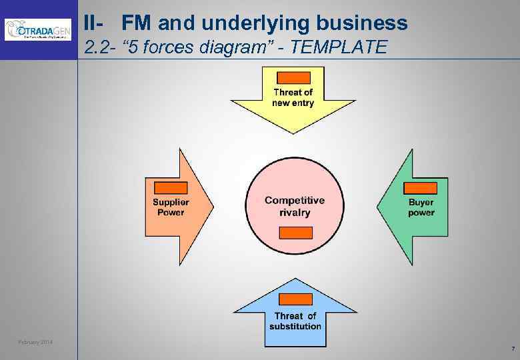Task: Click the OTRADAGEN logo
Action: coord(37,29)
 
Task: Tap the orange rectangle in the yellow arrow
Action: coord(293,77)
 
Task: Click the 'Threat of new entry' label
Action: coord(293,97)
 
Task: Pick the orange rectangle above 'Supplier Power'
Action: coord(170,188)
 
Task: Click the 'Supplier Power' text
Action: coord(171,207)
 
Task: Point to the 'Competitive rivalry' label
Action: coord(295,206)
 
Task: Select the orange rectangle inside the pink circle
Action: coord(295,233)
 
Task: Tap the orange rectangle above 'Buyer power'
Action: coord(421,188)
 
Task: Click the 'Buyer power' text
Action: coord(421,207)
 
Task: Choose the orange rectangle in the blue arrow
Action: coord(295,299)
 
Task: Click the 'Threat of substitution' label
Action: coord(295,321)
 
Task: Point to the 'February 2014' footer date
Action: coord(36,343)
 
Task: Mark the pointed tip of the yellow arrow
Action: coord(293,133)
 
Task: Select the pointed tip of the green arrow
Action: coord(378,207)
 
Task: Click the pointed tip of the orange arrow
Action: coord(213,207)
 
